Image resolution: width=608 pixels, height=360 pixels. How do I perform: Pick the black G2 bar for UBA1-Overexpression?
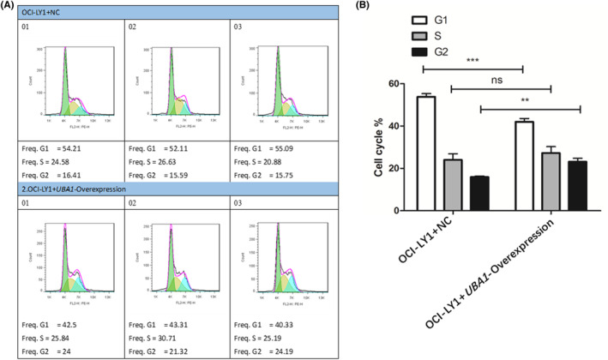coord(575,186)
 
